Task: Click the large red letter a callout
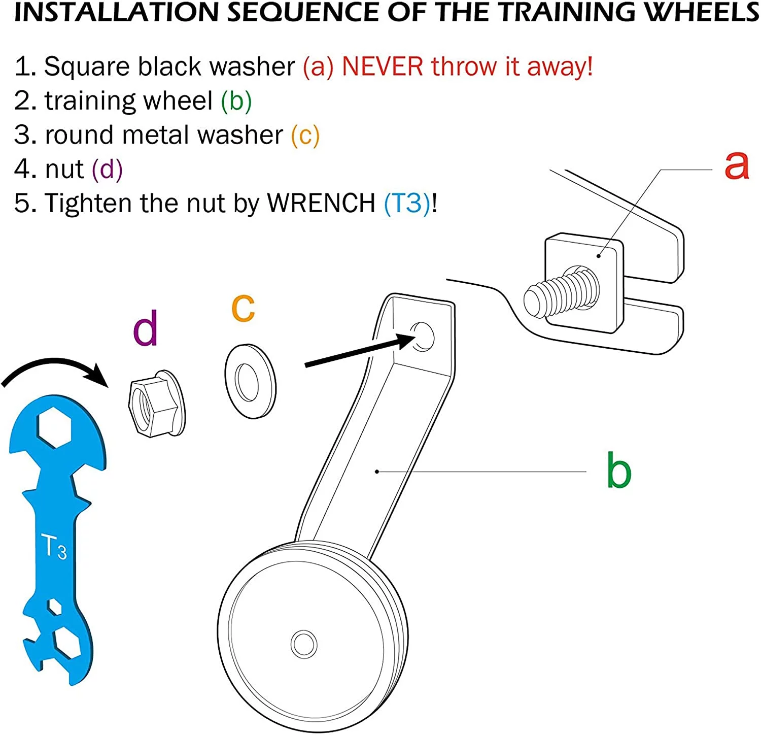click(737, 165)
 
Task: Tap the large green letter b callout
click(619, 471)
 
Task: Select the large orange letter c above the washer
click(243, 308)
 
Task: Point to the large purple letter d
click(146, 328)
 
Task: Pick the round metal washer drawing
click(250, 381)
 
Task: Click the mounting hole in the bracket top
click(423, 336)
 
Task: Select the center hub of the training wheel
click(304, 644)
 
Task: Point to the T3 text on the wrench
click(54, 547)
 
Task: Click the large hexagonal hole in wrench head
click(55, 427)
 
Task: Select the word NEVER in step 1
click(383, 67)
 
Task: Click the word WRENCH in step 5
click(321, 204)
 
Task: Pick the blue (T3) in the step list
click(407, 204)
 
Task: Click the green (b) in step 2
click(236, 101)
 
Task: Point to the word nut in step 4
click(64, 170)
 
